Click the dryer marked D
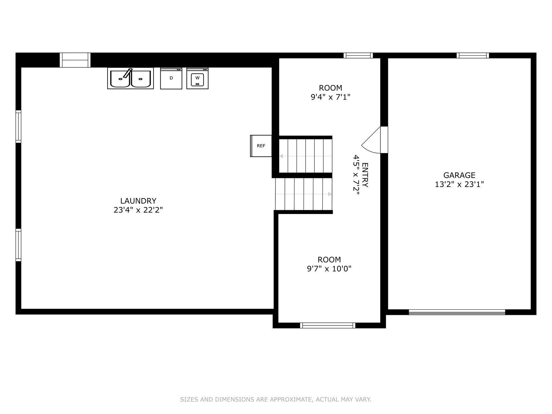pyautogui.click(x=171, y=78)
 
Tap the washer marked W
pyautogui.click(x=197, y=78)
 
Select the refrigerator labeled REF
pyautogui.click(x=261, y=146)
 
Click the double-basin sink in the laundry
pyautogui.click(x=130, y=78)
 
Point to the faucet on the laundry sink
pyautogui.click(x=128, y=73)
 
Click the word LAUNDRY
pyautogui.click(x=138, y=201)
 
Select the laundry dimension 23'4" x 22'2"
pyautogui.click(x=138, y=210)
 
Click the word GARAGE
pyautogui.click(x=459, y=175)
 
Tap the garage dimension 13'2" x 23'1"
pyautogui.click(x=459, y=184)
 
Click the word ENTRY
pyautogui.click(x=365, y=175)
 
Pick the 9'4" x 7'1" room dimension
pyautogui.click(x=330, y=97)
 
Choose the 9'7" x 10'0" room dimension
pyautogui.click(x=329, y=269)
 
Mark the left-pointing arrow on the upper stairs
pyautogui.click(x=281, y=156)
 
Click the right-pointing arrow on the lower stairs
pyautogui.click(x=330, y=194)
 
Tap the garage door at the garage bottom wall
pyautogui.click(x=457, y=312)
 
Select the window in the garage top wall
pyautogui.click(x=472, y=56)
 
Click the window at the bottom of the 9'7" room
pyautogui.click(x=327, y=325)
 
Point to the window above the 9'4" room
pyautogui.click(x=358, y=56)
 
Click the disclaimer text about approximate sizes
pyautogui.click(x=276, y=399)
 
